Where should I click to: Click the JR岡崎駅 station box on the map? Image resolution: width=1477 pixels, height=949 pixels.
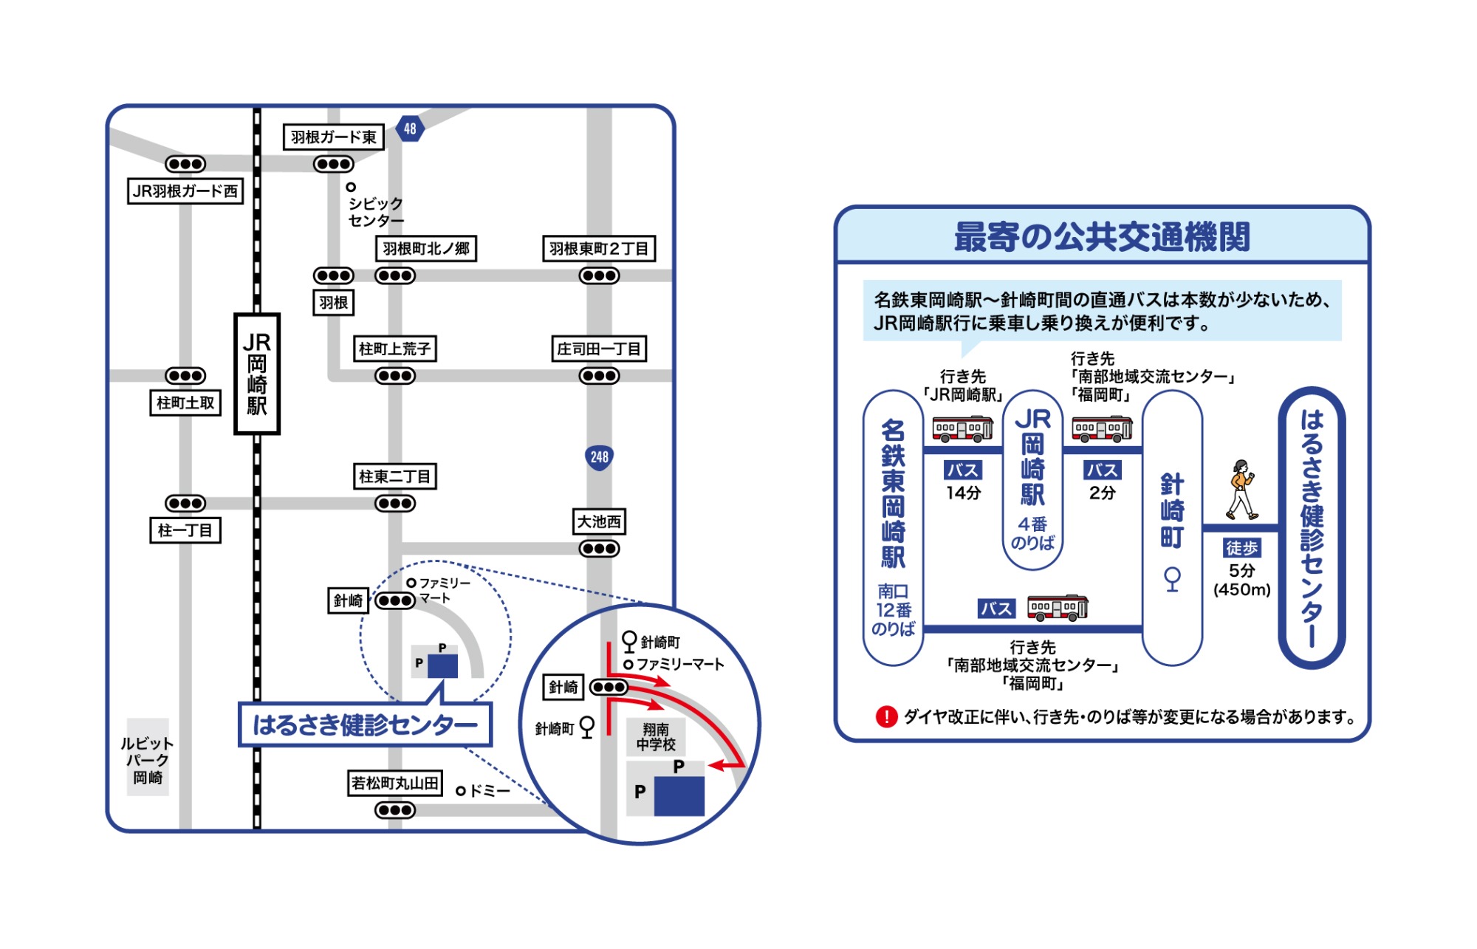pos(257,374)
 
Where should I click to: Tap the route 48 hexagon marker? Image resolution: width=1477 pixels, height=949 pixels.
pos(410,129)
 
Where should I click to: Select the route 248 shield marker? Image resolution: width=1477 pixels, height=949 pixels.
pos(599,457)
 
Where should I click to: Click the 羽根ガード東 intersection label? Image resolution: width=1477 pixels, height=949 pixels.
pos(334,137)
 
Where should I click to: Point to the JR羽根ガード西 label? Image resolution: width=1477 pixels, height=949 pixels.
pos(185,191)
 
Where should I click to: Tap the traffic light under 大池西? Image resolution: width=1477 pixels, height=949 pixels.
pos(599,549)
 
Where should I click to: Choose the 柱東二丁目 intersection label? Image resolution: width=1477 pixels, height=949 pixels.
pos(394,476)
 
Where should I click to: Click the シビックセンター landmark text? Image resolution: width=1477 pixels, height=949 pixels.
pos(375,212)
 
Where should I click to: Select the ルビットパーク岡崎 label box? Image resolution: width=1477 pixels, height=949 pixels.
pos(148,760)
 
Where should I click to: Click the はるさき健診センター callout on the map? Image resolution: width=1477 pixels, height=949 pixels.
pos(365,724)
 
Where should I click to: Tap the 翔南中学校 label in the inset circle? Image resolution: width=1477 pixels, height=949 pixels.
pos(656,737)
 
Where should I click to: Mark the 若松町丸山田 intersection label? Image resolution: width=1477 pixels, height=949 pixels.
pos(395,783)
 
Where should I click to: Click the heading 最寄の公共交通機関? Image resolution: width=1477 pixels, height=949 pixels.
pos(1102,237)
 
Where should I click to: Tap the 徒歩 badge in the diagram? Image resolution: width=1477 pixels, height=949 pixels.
pos(1241,548)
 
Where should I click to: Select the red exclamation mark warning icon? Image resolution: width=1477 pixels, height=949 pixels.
pos(885,716)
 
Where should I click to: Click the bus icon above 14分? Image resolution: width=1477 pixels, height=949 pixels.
pos(962,428)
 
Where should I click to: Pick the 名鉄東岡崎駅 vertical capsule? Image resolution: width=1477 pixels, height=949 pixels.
pos(893,527)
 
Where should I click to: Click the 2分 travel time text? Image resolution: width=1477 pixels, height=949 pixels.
pos(1102,493)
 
